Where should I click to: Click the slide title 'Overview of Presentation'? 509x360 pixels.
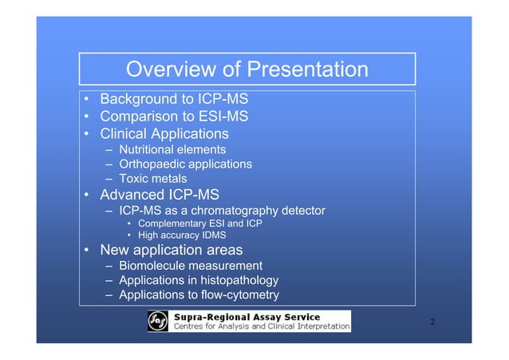click(247, 70)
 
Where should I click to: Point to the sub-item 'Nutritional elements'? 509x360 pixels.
click(172, 149)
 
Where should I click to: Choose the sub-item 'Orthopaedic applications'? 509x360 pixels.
click(185, 164)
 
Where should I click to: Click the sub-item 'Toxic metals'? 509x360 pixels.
click(152, 179)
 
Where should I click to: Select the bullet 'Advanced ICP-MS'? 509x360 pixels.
click(159, 195)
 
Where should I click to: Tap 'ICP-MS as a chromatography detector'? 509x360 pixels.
click(222, 211)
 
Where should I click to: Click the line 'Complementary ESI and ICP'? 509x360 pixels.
click(199, 224)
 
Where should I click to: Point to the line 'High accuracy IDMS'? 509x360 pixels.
click(182, 235)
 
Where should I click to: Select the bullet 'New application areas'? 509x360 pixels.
click(171, 251)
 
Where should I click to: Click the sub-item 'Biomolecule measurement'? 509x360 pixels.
click(190, 266)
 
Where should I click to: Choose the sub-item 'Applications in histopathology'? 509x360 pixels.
click(199, 280)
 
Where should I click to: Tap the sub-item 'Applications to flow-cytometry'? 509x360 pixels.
click(199, 295)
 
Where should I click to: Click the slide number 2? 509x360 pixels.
click(432, 322)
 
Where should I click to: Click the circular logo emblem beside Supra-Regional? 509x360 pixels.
click(159, 321)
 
